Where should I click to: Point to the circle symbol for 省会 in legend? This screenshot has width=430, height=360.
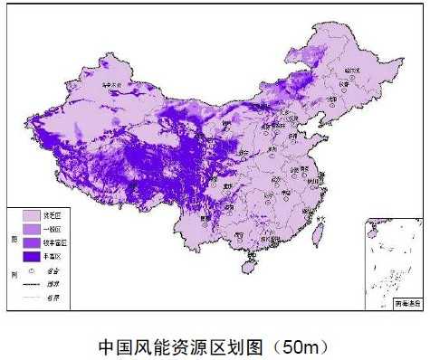(32, 270)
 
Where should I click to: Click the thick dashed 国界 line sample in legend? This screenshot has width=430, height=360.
(32, 283)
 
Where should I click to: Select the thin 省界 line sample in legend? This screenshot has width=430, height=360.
(32, 296)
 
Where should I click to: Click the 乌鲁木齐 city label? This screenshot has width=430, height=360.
(111, 87)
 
